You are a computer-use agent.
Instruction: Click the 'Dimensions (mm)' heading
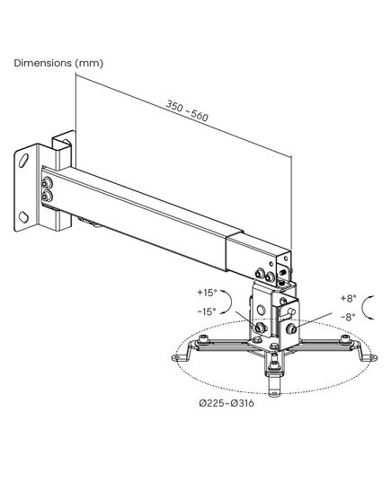coord(58,63)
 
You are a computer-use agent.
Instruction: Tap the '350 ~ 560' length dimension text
coord(187,110)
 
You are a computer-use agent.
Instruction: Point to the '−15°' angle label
coord(207,311)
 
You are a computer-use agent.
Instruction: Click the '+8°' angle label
coord(348,298)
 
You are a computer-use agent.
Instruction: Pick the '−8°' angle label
coord(348,317)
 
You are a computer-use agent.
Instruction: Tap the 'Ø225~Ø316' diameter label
coord(227,403)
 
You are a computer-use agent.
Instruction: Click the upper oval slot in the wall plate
coord(23,160)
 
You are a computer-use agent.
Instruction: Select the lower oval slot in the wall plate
coord(23,216)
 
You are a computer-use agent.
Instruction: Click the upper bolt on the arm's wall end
coord(47,184)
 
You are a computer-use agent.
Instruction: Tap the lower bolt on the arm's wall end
coord(47,196)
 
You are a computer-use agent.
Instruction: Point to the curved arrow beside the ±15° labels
coord(228,302)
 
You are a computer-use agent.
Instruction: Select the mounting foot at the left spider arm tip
coord(180,356)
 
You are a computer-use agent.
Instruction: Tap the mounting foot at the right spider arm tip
coord(369,356)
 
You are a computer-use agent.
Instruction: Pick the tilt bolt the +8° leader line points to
coord(291,329)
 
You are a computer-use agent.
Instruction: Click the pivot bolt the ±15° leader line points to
coord(261,328)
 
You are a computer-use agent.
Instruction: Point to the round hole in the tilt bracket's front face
coord(261,310)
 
